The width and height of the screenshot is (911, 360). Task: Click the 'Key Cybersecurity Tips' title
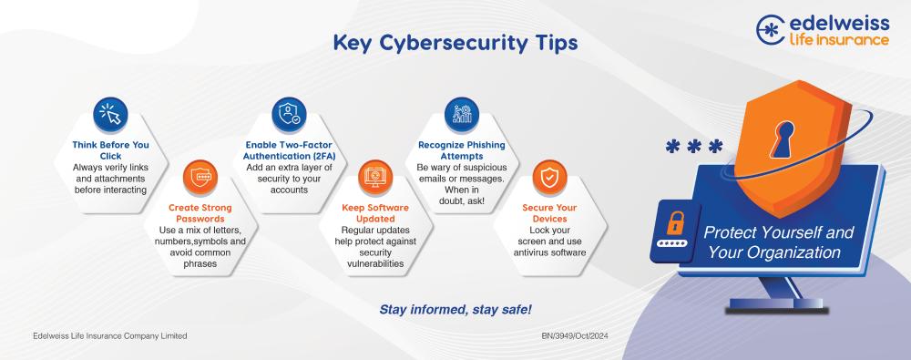(x=455, y=44)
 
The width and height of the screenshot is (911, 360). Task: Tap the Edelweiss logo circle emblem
(x=771, y=30)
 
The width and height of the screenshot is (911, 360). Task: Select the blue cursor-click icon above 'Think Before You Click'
(x=110, y=114)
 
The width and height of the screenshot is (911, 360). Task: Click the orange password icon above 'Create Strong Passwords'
(x=200, y=177)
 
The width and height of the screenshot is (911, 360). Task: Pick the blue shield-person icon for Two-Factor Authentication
(x=289, y=114)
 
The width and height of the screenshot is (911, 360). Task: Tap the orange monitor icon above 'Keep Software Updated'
(x=375, y=177)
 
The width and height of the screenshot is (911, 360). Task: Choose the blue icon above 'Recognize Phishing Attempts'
(x=462, y=114)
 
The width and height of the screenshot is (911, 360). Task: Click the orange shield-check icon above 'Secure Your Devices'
(x=549, y=177)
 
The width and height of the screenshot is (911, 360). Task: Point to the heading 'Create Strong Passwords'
(x=200, y=213)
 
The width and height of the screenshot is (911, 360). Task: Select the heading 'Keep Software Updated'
(x=375, y=213)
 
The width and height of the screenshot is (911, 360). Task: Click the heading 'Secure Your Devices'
(x=549, y=213)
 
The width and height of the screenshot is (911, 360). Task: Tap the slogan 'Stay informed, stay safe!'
(x=455, y=309)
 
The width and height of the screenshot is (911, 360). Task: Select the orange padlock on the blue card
(x=675, y=223)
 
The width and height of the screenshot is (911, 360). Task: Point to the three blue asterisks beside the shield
(x=693, y=146)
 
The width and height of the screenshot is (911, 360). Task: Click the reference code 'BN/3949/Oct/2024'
(x=575, y=336)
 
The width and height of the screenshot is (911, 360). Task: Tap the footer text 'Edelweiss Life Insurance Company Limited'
(x=110, y=336)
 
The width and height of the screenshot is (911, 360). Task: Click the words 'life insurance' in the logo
(x=838, y=40)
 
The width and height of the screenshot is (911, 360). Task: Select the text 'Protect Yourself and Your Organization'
(x=778, y=242)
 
